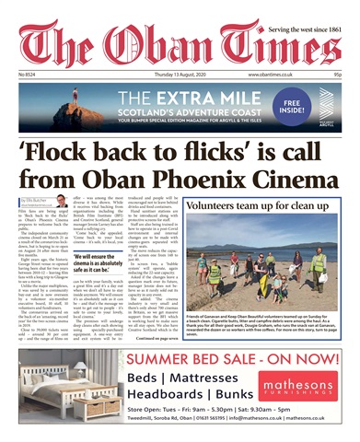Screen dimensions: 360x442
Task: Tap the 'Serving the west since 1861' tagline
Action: click(307, 8)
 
